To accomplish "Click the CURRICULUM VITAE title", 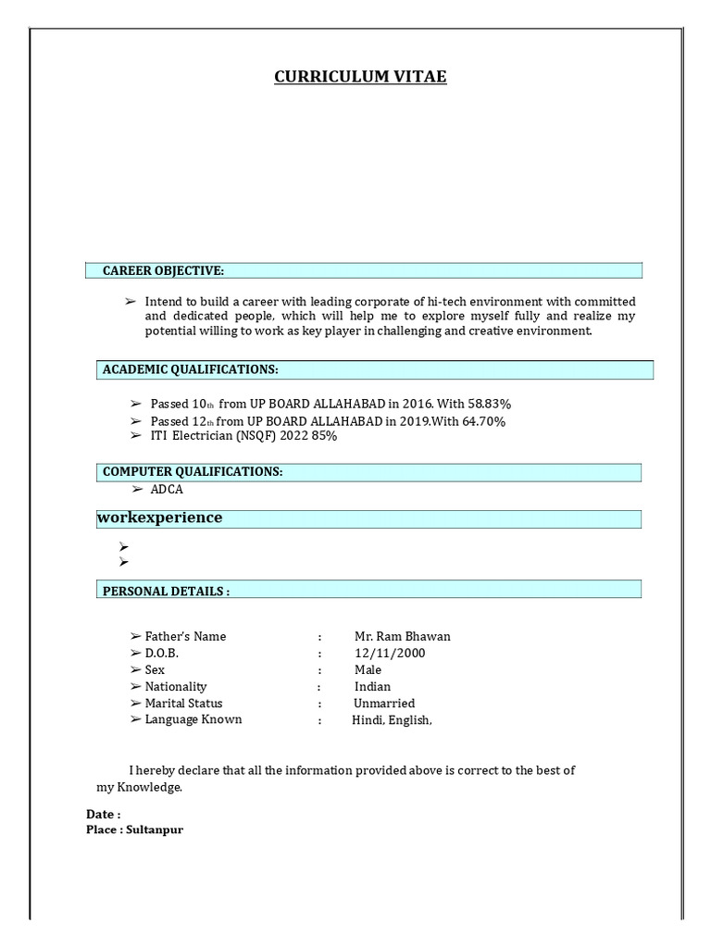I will pos(360,77).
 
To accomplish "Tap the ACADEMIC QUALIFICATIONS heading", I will pos(190,369).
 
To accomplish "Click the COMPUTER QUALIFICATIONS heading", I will pos(193,472).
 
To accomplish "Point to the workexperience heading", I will pos(159,518).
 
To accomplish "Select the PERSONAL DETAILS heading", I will pos(166,591).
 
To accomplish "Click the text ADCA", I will pos(167,489).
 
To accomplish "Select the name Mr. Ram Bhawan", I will pos(402,637).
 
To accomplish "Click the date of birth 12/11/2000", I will pos(390,654).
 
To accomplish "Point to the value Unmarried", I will pos(384,704).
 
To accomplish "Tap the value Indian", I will pos(372,687).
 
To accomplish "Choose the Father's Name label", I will pos(185,637).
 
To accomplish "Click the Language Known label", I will pos(193,719).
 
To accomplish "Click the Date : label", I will pos(104,815).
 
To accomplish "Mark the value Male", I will pos(368,670).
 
